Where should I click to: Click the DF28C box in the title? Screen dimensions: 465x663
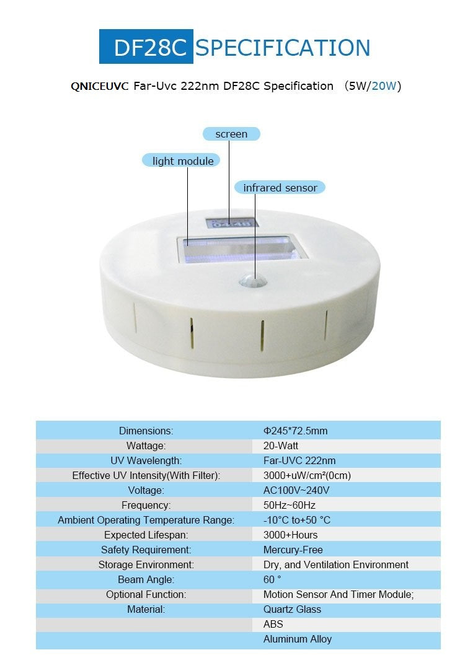click(146, 46)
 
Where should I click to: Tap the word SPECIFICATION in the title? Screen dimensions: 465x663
click(283, 48)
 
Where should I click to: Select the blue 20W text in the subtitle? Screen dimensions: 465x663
click(384, 86)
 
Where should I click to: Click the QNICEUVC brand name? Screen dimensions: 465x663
click(99, 86)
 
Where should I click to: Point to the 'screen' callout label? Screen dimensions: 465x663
click(231, 134)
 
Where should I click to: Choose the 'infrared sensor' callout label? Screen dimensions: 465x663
click(280, 187)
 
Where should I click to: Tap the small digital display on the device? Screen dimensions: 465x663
click(232, 223)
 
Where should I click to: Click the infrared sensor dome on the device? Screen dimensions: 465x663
click(254, 280)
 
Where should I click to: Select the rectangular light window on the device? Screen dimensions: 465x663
click(242, 249)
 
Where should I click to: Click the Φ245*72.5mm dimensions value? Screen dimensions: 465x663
click(295, 431)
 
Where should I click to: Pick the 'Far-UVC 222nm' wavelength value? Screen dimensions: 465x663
click(299, 460)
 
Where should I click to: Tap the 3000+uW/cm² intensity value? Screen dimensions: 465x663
click(307, 475)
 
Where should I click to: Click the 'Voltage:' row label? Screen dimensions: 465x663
click(146, 490)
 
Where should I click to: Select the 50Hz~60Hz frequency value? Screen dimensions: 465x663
click(290, 505)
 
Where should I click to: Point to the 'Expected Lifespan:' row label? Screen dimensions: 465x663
click(146, 535)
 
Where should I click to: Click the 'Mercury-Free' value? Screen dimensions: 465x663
click(293, 550)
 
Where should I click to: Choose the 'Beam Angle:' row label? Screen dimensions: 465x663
click(146, 579)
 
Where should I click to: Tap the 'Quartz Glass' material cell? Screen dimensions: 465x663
click(292, 609)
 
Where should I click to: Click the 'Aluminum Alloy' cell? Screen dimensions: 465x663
click(298, 639)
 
